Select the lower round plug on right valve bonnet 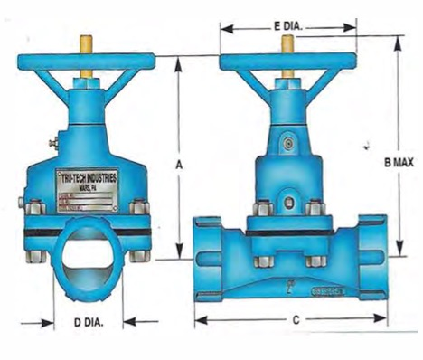pos(288,204)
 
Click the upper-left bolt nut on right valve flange pos(259,211)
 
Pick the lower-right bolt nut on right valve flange pos(315,261)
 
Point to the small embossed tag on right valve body pos(326,291)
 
